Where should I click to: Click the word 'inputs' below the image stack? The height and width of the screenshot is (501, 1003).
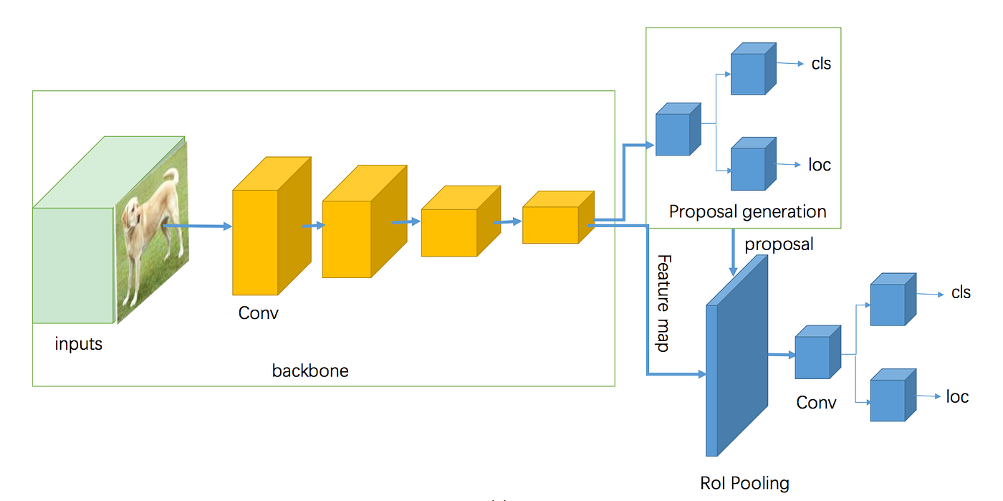click(x=79, y=344)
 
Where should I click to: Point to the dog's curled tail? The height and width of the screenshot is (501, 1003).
click(x=171, y=176)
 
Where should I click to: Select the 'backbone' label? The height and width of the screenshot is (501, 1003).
click(x=310, y=371)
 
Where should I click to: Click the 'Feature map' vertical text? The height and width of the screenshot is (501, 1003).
click(x=663, y=302)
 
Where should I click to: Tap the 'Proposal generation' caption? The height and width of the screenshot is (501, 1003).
click(x=747, y=211)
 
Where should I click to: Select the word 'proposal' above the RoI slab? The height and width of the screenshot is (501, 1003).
click(x=779, y=244)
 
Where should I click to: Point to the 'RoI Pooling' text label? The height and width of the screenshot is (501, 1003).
click(x=744, y=483)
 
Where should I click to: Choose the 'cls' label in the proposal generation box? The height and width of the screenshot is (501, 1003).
click(x=821, y=64)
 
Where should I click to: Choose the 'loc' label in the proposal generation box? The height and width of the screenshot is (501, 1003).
click(x=820, y=165)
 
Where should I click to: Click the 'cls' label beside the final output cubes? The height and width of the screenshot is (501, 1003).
click(x=961, y=292)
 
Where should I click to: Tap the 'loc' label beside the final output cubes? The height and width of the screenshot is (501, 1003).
click(x=957, y=396)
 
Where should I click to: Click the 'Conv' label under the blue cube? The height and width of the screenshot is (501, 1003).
click(x=816, y=403)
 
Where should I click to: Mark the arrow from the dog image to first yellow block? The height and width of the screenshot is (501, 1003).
click(x=198, y=226)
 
